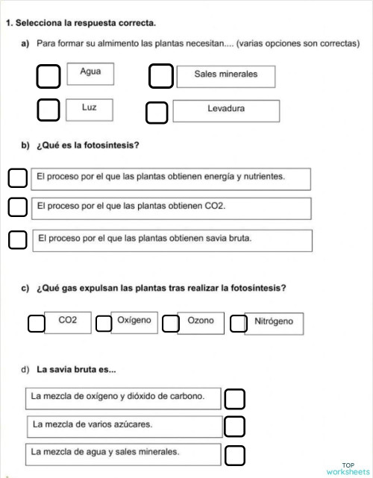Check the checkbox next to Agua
click(x=48, y=76)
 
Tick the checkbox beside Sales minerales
click(x=160, y=76)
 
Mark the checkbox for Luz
click(x=48, y=110)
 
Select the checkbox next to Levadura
click(x=157, y=113)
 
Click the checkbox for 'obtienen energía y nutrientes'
click(x=17, y=179)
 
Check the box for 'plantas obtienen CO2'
click(x=17, y=207)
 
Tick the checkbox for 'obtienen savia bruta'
click(x=17, y=239)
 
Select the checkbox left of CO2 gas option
click(x=36, y=324)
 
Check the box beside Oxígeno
click(x=104, y=324)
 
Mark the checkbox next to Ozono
click(x=171, y=324)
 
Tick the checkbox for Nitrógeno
click(x=238, y=324)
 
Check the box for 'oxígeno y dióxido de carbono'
click(x=234, y=399)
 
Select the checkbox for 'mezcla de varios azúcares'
click(x=234, y=427)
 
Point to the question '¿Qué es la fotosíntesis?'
click(x=87, y=145)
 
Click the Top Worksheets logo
click(x=347, y=468)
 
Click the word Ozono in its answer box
click(x=201, y=321)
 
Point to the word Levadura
click(x=226, y=109)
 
